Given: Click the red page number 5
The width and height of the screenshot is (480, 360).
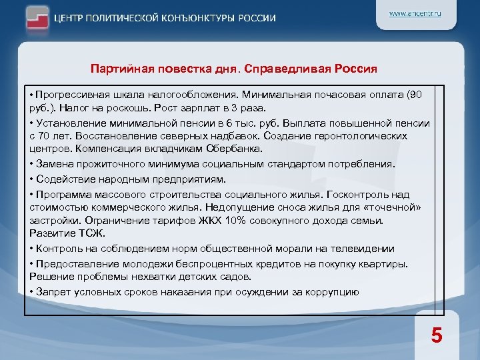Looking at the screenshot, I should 436,335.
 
